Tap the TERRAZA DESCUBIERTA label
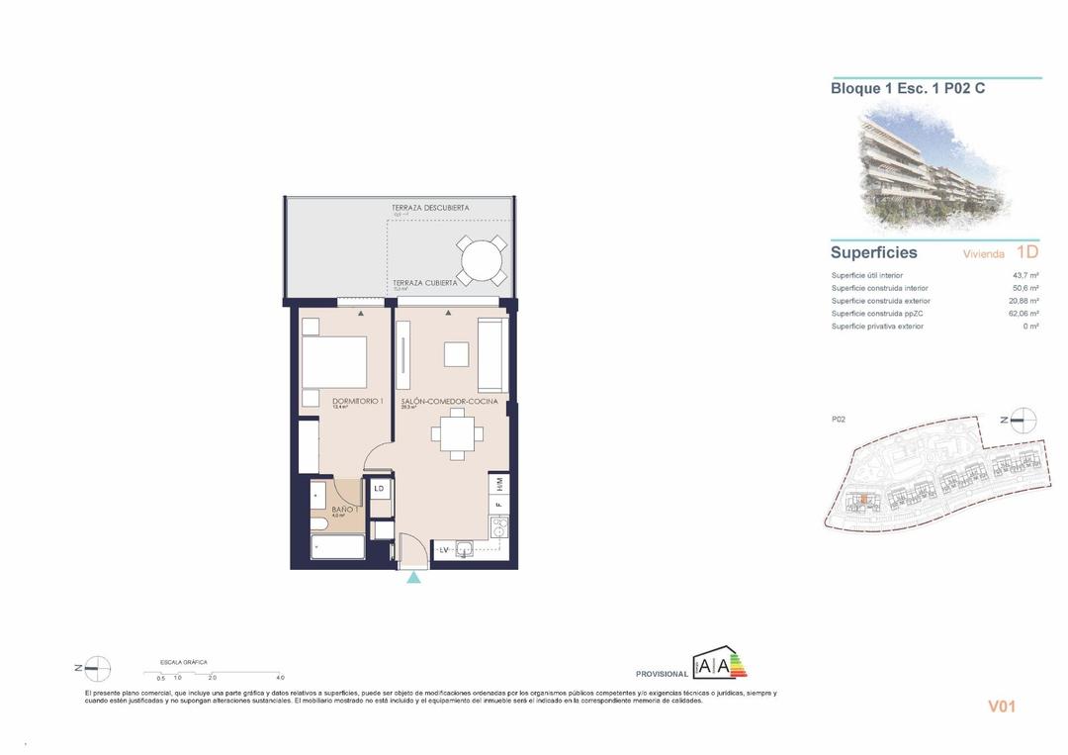tap(430, 208)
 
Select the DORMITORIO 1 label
tap(357, 401)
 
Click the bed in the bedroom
tap(334, 362)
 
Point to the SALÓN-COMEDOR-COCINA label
tap(442, 401)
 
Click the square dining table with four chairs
tap(455, 433)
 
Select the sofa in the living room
tap(491, 355)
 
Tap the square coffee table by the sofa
tap(456, 354)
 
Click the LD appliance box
tap(379, 488)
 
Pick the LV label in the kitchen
tap(444, 549)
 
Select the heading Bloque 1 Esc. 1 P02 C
tap(907, 88)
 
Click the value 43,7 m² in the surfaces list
tap(1025, 275)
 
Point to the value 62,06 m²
tap(1022, 314)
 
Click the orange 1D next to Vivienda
tap(1026, 252)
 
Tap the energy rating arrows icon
tap(720, 666)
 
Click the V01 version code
tap(1002, 707)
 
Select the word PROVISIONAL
tap(662, 674)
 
